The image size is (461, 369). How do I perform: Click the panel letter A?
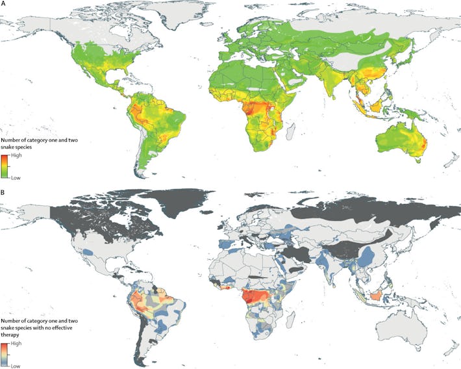[5, 4]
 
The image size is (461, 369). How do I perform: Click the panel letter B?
[5, 192]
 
